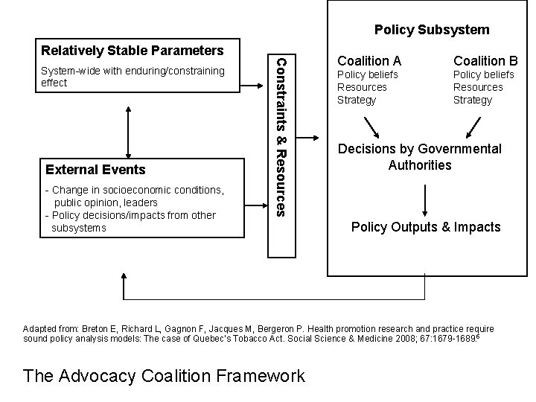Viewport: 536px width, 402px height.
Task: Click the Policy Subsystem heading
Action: click(432, 30)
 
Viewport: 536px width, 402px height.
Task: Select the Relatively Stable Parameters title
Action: click(132, 51)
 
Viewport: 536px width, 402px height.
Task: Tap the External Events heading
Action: click(95, 170)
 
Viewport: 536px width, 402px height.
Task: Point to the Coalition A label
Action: click(369, 60)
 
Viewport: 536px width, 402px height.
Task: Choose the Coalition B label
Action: click(486, 60)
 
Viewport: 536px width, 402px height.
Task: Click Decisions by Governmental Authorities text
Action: click(420, 156)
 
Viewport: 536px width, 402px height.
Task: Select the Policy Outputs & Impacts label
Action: click(426, 227)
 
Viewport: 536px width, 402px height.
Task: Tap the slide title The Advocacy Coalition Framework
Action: click(164, 375)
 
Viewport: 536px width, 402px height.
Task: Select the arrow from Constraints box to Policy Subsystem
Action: click(309, 137)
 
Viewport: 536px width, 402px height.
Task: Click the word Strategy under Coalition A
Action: click(357, 100)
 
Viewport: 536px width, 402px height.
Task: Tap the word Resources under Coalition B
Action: click(478, 87)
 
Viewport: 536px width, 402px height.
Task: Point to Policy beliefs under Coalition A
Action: click(368, 74)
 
